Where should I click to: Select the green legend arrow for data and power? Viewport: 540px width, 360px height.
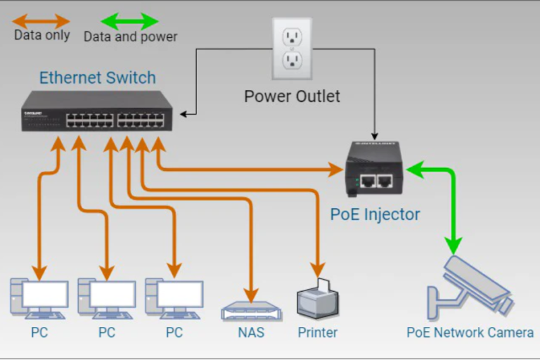130,21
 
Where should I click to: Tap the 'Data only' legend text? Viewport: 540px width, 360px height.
42,35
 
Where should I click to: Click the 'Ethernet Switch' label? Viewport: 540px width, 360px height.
97,77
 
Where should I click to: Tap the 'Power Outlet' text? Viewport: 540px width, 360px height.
292,96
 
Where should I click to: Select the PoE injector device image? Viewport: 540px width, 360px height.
373,169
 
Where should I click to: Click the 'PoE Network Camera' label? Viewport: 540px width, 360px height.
470,332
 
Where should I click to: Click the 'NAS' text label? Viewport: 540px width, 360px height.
250,332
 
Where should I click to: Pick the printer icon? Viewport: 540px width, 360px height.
318,299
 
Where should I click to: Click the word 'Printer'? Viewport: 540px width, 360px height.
318,332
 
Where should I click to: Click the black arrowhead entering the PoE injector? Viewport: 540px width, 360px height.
376,135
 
